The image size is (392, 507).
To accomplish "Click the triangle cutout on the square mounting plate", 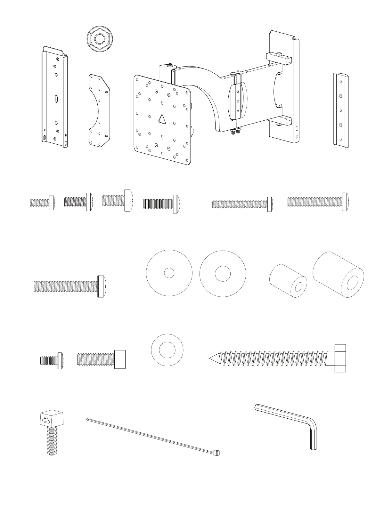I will point(163,119).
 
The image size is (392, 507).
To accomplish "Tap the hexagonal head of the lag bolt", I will point(340,358).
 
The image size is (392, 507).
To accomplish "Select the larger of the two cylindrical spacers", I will point(338,275).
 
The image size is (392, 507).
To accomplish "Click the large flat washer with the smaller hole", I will point(169,273).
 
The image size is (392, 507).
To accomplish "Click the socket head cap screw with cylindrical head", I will point(102,359).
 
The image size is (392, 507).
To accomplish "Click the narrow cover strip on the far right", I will point(341,110).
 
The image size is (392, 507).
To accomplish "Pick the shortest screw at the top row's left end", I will point(41,202).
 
